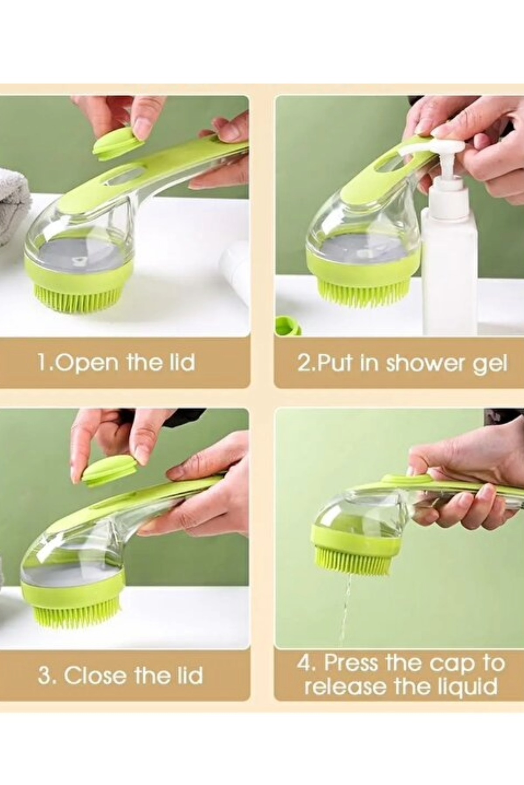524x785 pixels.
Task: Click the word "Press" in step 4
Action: [351, 663]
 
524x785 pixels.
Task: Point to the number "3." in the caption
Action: [47, 676]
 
